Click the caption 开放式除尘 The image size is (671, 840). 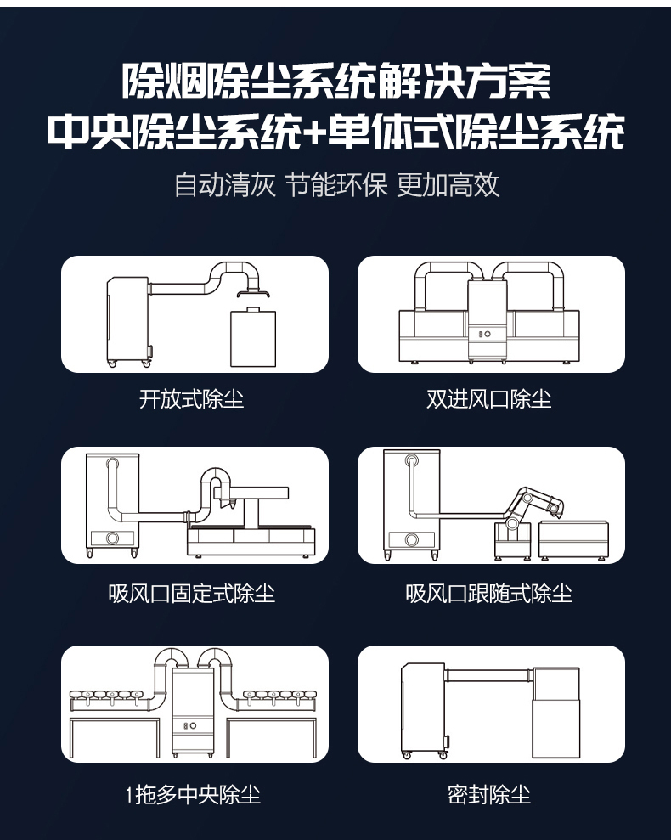tap(191, 399)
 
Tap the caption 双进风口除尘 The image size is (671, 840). tap(488, 399)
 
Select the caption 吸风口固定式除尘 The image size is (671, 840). tap(191, 594)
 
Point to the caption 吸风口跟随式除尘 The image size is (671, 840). tap(488, 594)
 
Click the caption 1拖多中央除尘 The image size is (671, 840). tap(193, 794)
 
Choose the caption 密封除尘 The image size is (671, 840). tap(489, 794)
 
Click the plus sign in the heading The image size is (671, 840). tap(314, 132)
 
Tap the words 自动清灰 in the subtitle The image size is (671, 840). tap(225, 185)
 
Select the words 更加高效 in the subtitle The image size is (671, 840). tap(448, 185)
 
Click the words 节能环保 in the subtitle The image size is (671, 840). tap(336, 185)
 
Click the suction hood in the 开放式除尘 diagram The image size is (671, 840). tap(253, 292)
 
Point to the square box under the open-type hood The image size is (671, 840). tap(253, 337)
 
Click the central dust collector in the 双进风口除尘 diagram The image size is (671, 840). tap(488, 321)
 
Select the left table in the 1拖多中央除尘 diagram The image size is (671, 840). tap(115, 737)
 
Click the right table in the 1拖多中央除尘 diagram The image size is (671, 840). tap(272, 737)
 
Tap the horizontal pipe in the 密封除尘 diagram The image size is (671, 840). tap(488, 675)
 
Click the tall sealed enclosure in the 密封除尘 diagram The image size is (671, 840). tap(555, 713)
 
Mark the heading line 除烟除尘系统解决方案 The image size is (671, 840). tap(336, 82)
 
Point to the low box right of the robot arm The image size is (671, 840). tap(573, 540)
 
